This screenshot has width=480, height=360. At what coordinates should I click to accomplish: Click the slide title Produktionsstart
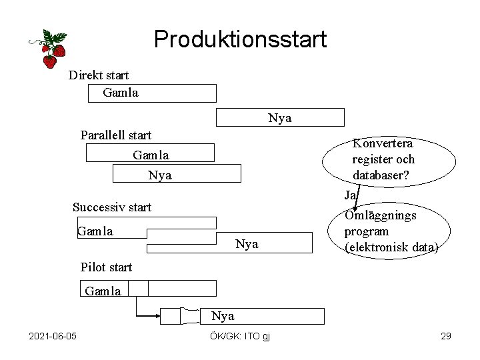click(x=240, y=39)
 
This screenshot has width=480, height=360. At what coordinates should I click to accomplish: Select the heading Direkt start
click(x=99, y=75)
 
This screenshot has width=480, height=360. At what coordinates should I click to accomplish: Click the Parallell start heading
click(x=116, y=135)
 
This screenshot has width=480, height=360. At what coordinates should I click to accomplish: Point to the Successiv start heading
click(x=112, y=207)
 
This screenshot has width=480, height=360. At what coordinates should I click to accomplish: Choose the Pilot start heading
click(x=106, y=267)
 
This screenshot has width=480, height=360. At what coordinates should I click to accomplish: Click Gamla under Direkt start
click(x=121, y=93)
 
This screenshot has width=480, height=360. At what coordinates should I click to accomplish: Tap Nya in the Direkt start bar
click(x=280, y=118)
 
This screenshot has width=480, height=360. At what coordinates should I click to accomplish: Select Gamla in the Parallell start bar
click(x=151, y=155)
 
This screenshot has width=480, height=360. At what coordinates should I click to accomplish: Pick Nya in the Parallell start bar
click(x=160, y=175)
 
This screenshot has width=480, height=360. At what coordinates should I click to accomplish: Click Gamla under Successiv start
click(x=95, y=231)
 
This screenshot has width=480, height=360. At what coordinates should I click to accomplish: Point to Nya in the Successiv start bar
click(x=247, y=244)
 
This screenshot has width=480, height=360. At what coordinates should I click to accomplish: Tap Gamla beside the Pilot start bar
click(x=103, y=291)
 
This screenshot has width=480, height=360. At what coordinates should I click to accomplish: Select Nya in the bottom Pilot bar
click(x=223, y=315)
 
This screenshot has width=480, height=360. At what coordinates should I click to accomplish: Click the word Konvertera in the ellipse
click(x=383, y=143)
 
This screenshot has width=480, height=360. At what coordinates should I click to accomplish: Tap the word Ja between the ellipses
click(x=351, y=195)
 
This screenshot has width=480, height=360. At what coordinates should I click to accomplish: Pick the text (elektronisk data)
click(x=391, y=247)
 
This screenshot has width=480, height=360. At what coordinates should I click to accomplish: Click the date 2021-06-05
click(x=53, y=335)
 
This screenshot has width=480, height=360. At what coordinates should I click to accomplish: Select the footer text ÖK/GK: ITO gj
click(x=239, y=335)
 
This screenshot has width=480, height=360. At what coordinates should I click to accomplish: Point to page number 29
click(x=446, y=335)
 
